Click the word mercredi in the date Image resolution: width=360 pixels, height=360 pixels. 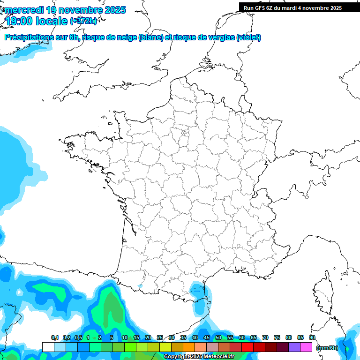click(x=23, y=10)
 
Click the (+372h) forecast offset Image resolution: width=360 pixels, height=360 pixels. click(x=83, y=21)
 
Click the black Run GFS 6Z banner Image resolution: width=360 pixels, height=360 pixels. click(x=292, y=8)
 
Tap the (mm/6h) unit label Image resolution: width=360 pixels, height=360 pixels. click(x=327, y=348)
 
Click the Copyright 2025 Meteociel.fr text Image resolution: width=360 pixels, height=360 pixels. click(x=198, y=357)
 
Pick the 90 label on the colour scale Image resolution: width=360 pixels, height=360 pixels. click(x=312, y=337)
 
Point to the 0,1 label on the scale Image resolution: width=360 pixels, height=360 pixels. click(x=55, y=337)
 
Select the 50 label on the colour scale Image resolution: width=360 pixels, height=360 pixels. click(x=218, y=337)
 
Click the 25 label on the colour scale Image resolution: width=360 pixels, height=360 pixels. click(x=159, y=337)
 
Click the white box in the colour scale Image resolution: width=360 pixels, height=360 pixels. click(x=48, y=347)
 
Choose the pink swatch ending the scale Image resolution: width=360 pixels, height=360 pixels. click(x=306, y=347)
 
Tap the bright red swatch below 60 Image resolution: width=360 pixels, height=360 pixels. click(x=247, y=347)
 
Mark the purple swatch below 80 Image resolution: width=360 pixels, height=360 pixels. click(x=294, y=347)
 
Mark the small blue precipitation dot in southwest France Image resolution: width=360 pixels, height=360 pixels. click(x=140, y=285)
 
